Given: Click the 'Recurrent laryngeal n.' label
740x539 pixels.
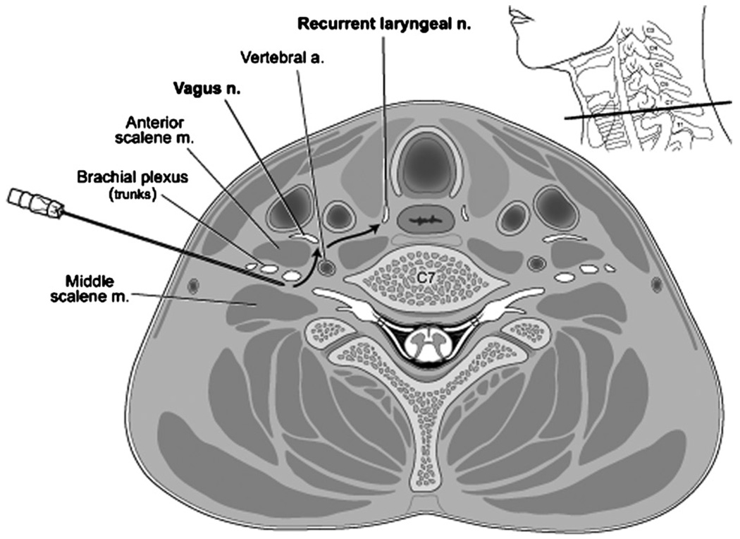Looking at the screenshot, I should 383,24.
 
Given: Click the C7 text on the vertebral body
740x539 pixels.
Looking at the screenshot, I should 425,277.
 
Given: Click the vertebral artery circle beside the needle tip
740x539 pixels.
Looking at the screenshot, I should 326,267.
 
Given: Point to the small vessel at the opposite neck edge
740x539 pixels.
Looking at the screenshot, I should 656,284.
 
